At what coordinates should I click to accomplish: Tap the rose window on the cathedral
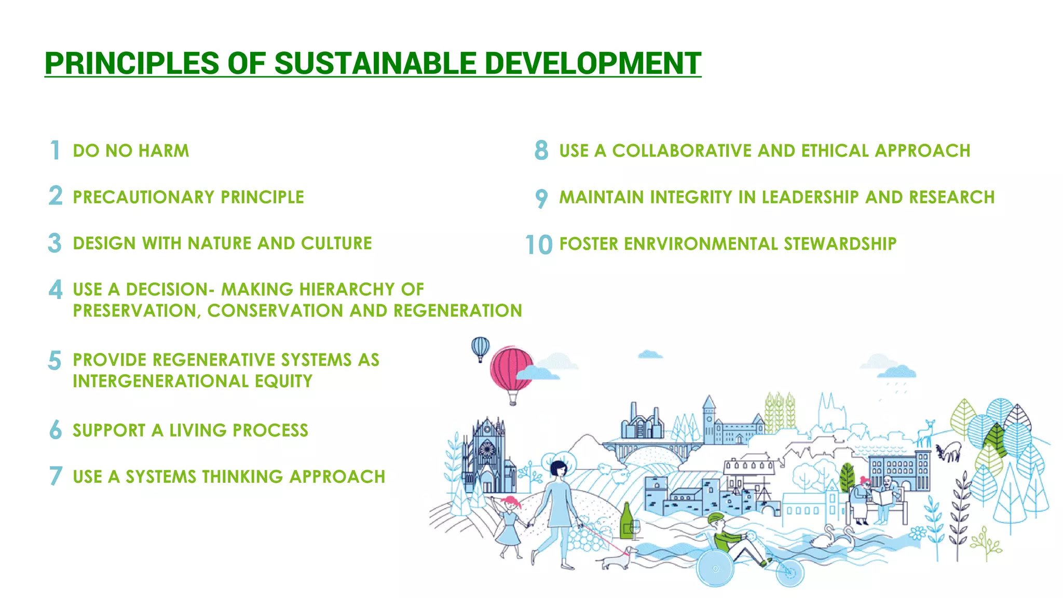(486, 449)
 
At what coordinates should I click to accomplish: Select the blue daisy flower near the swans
(918, 533)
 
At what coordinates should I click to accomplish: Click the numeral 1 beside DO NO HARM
(55, 151)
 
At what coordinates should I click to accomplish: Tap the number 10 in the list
(538, 244)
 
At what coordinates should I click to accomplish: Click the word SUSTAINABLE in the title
(375, 63)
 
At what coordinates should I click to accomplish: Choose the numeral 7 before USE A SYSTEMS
(56, 476)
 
